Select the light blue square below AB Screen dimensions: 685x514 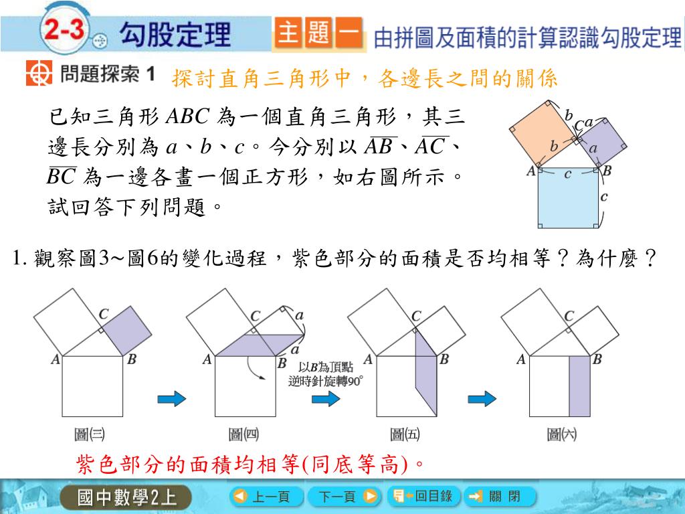(568, 199)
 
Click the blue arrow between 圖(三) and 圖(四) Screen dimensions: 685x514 (170, 399)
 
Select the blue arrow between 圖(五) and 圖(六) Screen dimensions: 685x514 (482, 399)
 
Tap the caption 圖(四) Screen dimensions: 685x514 (243, 434)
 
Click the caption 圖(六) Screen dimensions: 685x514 (562, 434)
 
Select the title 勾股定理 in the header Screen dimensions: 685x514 (175, 33)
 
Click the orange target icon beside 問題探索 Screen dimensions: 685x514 (39, 74)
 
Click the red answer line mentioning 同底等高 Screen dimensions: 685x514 (252, 464)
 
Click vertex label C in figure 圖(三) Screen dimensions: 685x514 (104, 314)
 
